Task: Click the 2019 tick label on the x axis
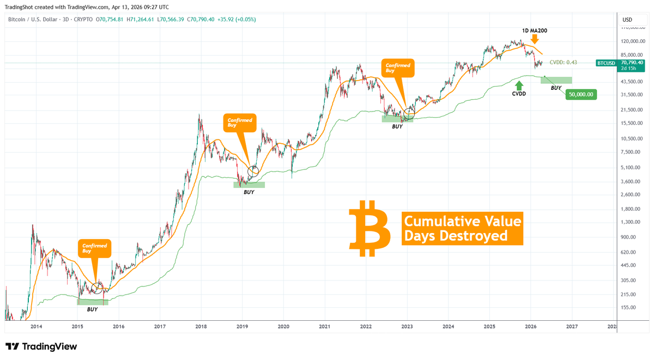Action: (242, 327)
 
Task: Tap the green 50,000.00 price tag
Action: (582, 94)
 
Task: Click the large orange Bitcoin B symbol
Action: (370, 228)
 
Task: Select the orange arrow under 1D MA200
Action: (535, 39)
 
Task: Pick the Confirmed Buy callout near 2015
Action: (95, 249)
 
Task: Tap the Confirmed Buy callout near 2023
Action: (399, 68)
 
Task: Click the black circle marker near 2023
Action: (408, 113)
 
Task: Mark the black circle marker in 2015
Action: (98, 288)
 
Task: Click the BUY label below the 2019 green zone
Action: (249, 192)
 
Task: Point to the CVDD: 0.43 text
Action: (563, 63)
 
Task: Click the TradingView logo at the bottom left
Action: (41, 346)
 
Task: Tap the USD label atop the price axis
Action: (627, 20)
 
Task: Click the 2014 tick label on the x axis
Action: (37, 327)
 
